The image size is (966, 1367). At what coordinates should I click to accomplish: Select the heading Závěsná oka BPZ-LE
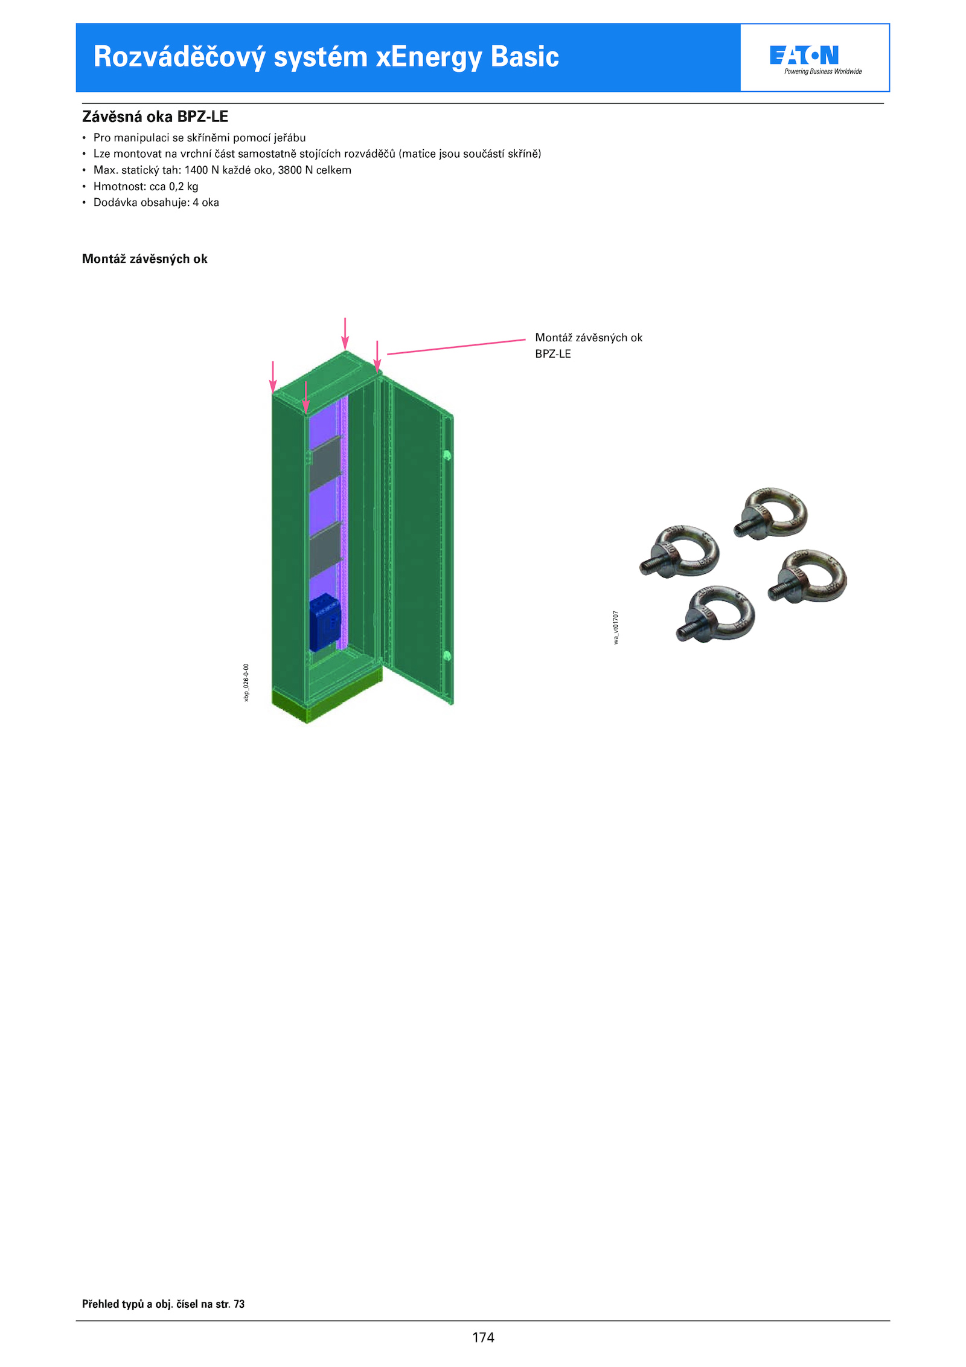pyautogui.click(x=155, y=117)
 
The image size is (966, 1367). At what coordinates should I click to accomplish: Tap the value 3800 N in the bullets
pyautogui.click(x=295, y=170)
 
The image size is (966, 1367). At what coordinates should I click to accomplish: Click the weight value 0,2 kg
pyautogui.click(x=184, y=187)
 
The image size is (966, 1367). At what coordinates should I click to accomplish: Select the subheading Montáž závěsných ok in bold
pyautogui.click(x=145, y=259)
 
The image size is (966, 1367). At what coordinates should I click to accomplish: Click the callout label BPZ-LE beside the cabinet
pyautogui.click(x=553, y=354)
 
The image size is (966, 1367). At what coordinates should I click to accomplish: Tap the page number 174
pyautogui.click(x=483, y=1337)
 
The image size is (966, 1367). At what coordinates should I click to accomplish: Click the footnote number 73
pyautogui.click(x=239, y=1304)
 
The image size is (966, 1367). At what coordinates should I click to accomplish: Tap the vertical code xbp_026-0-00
pyautogui.click(x=246, y=683)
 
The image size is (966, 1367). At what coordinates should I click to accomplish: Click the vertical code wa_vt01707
pyautogui.click(x=616, y=628)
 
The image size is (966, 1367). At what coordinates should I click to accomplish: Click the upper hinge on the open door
pyautogui.click(x=447, y=455)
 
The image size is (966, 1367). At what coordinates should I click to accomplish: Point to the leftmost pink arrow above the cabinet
pyautogui.click(x=273, y=377)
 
